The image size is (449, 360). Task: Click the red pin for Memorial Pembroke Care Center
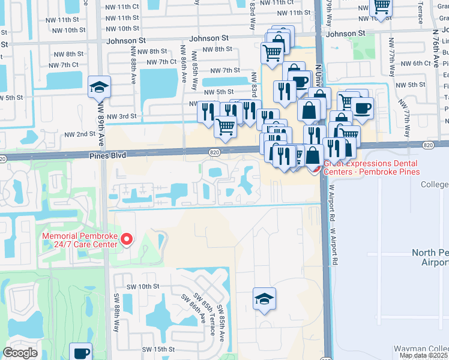click(x=126, y=240)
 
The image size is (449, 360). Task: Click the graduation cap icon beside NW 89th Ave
click(x=98, y=88)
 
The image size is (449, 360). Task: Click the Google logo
click(x=20, y=353)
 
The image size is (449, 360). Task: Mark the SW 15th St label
click(x=158, y=349)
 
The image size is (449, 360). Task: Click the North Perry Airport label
click(x=430, y=258)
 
